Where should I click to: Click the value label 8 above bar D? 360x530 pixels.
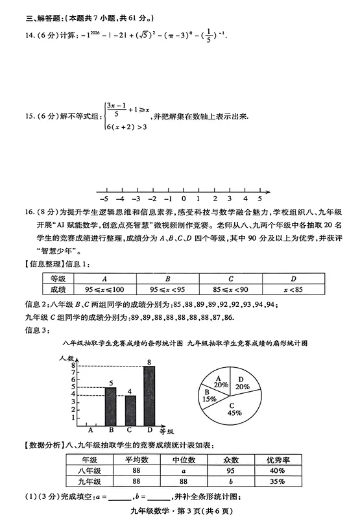149,361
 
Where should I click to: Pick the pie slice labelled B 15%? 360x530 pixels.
209,396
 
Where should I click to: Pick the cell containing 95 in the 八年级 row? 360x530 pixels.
230,471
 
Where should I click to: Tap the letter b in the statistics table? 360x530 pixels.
230,482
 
